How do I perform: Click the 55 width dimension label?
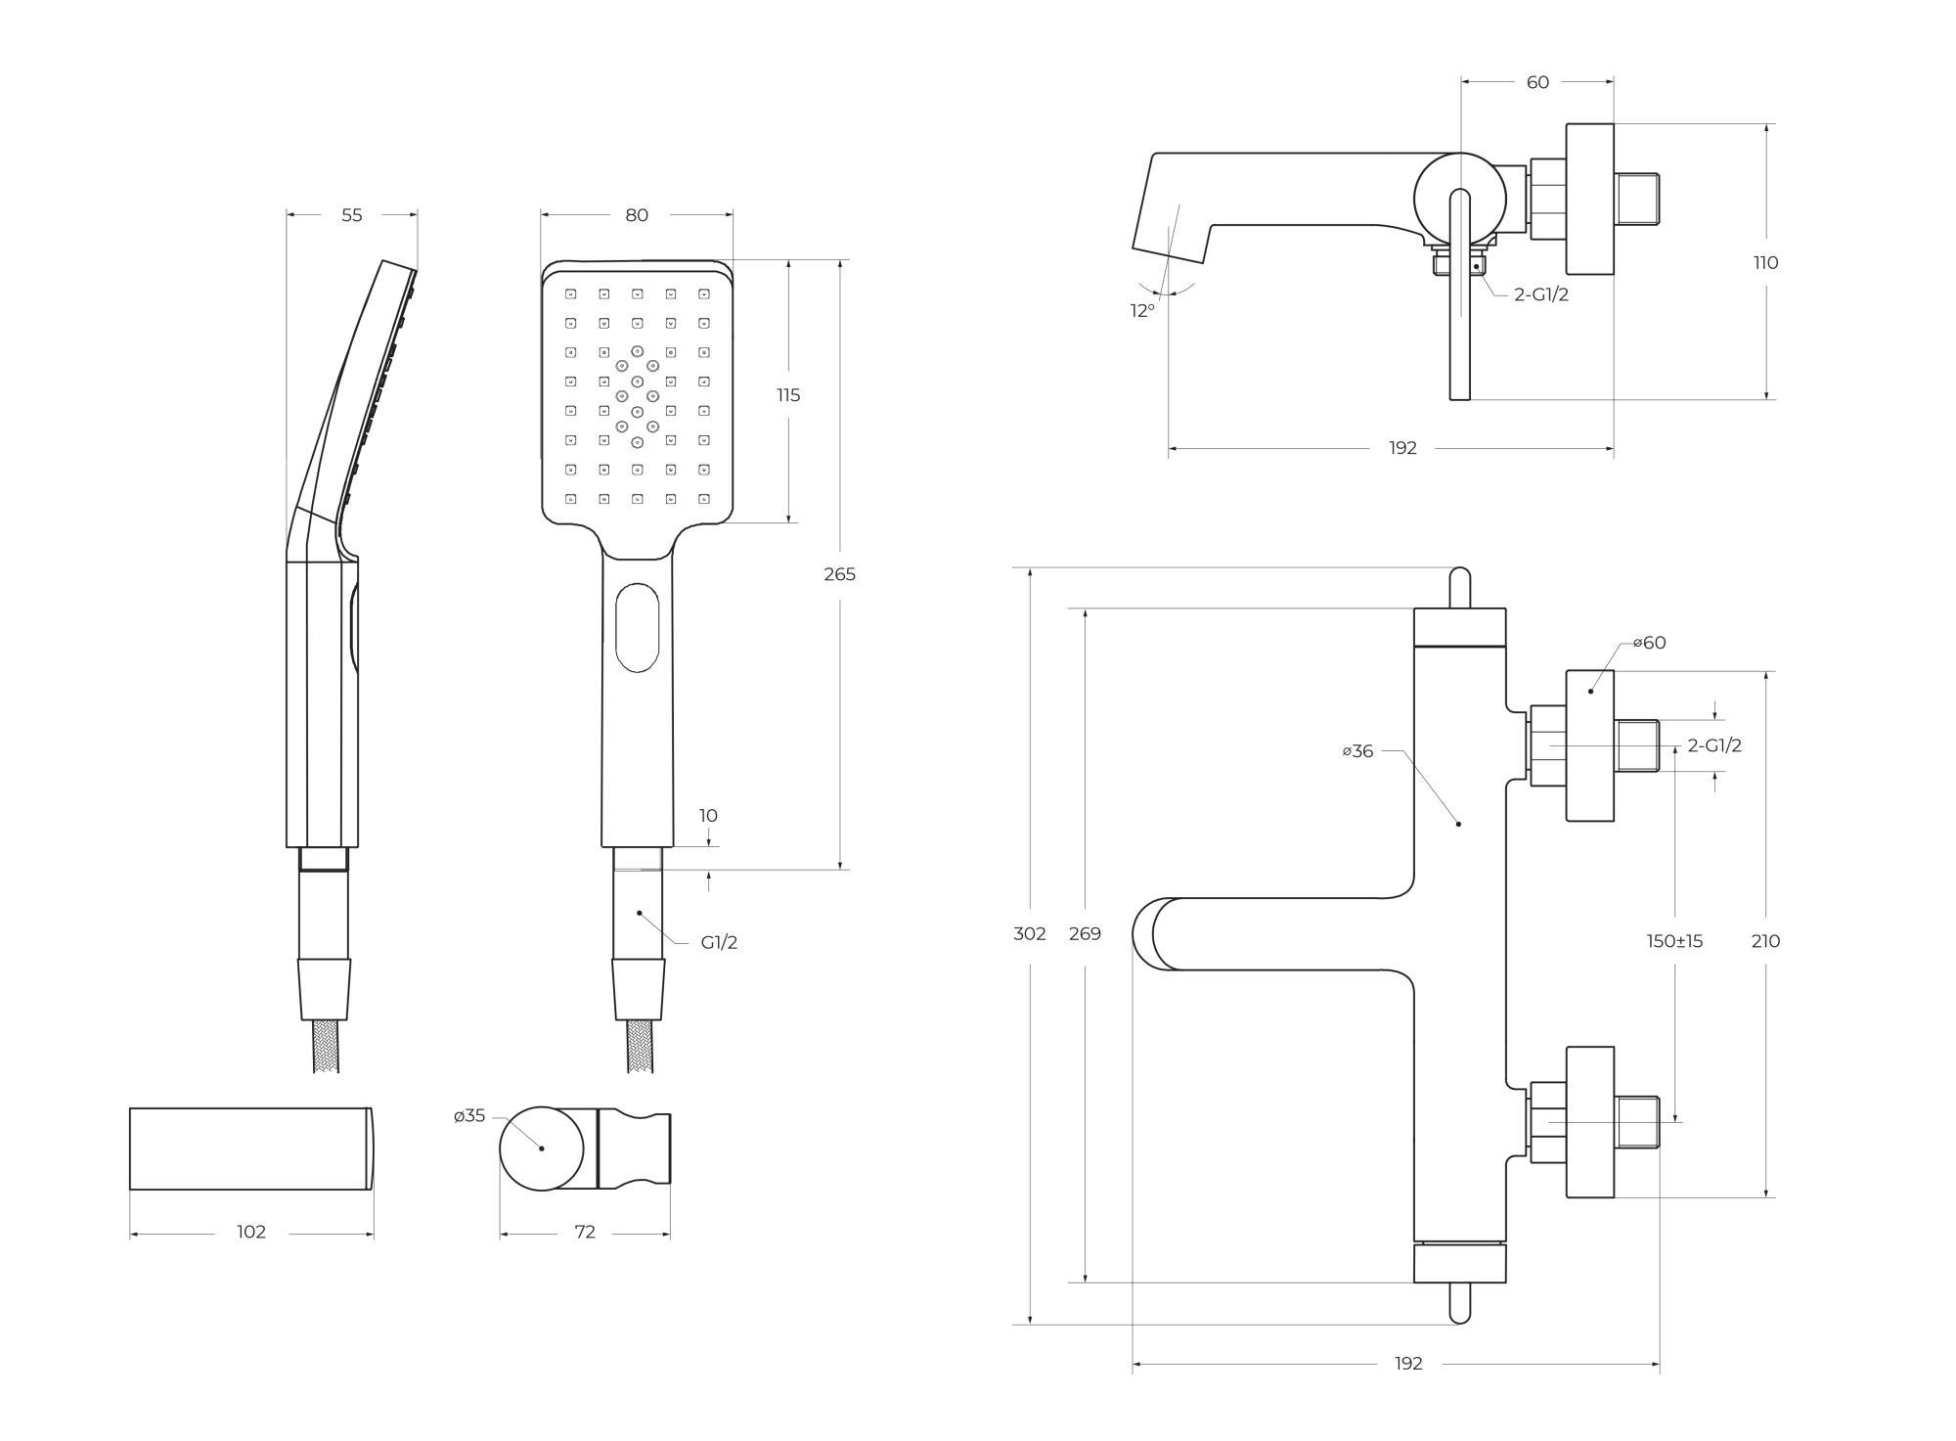tap(351, 215)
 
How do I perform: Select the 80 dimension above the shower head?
tap(637, 215)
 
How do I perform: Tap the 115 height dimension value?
tap(788, 395)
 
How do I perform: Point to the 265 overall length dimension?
tap(839, 574)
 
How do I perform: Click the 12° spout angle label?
tap(1142, 311)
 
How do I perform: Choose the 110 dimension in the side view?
tap(1765, 262)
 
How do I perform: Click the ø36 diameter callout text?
tap(1357, 751)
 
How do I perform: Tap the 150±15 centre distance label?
tap(1674, 941)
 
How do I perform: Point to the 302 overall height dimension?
tap(1030, 934)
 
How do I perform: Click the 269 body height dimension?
tap(1085, 934)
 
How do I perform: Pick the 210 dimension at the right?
tap(1765, 941)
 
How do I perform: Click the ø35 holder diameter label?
tap(469, 1116)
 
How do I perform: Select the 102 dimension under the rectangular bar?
tap(251, 1233)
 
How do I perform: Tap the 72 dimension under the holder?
tap(585, 1233)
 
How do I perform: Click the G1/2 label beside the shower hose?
tap(719, 943)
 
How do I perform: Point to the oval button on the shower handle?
tap(637, 627)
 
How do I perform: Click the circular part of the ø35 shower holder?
tap(541, 1148)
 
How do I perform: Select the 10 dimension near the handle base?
tap(708, 816)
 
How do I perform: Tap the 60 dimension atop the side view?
tap(1537, 82)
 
